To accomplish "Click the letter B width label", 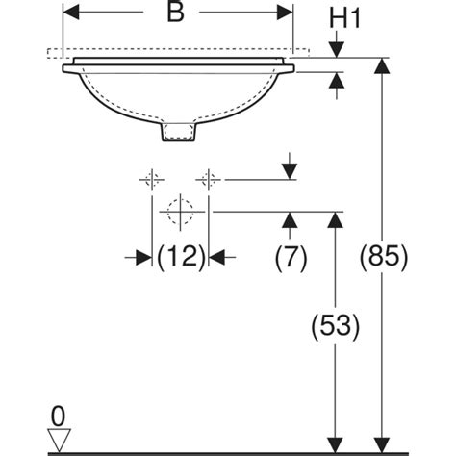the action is click(x=176, y=13).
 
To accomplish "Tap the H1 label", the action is click(x=345, y=18).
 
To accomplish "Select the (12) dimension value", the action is click(x=181, y=257).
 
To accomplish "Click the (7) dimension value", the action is click(x=291, y=257).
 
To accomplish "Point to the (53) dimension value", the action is click(x=336, y=326).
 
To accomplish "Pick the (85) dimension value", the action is click(x=384, y=257).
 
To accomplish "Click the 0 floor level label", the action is click(x=58, y=417).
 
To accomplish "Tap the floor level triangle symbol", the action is click(x=59, y=440).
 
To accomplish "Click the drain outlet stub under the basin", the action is click(x=178, y=131).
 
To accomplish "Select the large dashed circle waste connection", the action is click(x=180, y=212).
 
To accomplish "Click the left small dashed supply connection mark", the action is click(x=152, y=180).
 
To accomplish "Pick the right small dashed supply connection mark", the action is click(x=209, y=180).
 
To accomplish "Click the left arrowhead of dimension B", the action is click(x=71, y=13).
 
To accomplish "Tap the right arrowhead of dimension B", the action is click(x=285, y=13).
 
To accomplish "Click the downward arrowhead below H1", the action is click(x=336, y=50).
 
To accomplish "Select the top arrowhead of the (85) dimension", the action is click(x=382, y=65).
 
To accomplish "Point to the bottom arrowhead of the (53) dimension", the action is click(x=336, y=445).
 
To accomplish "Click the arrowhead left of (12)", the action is click(x=143, y=257).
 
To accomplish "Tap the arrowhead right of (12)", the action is click(x=216, y=257).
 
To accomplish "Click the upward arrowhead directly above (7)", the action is click(x=290, y=220).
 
